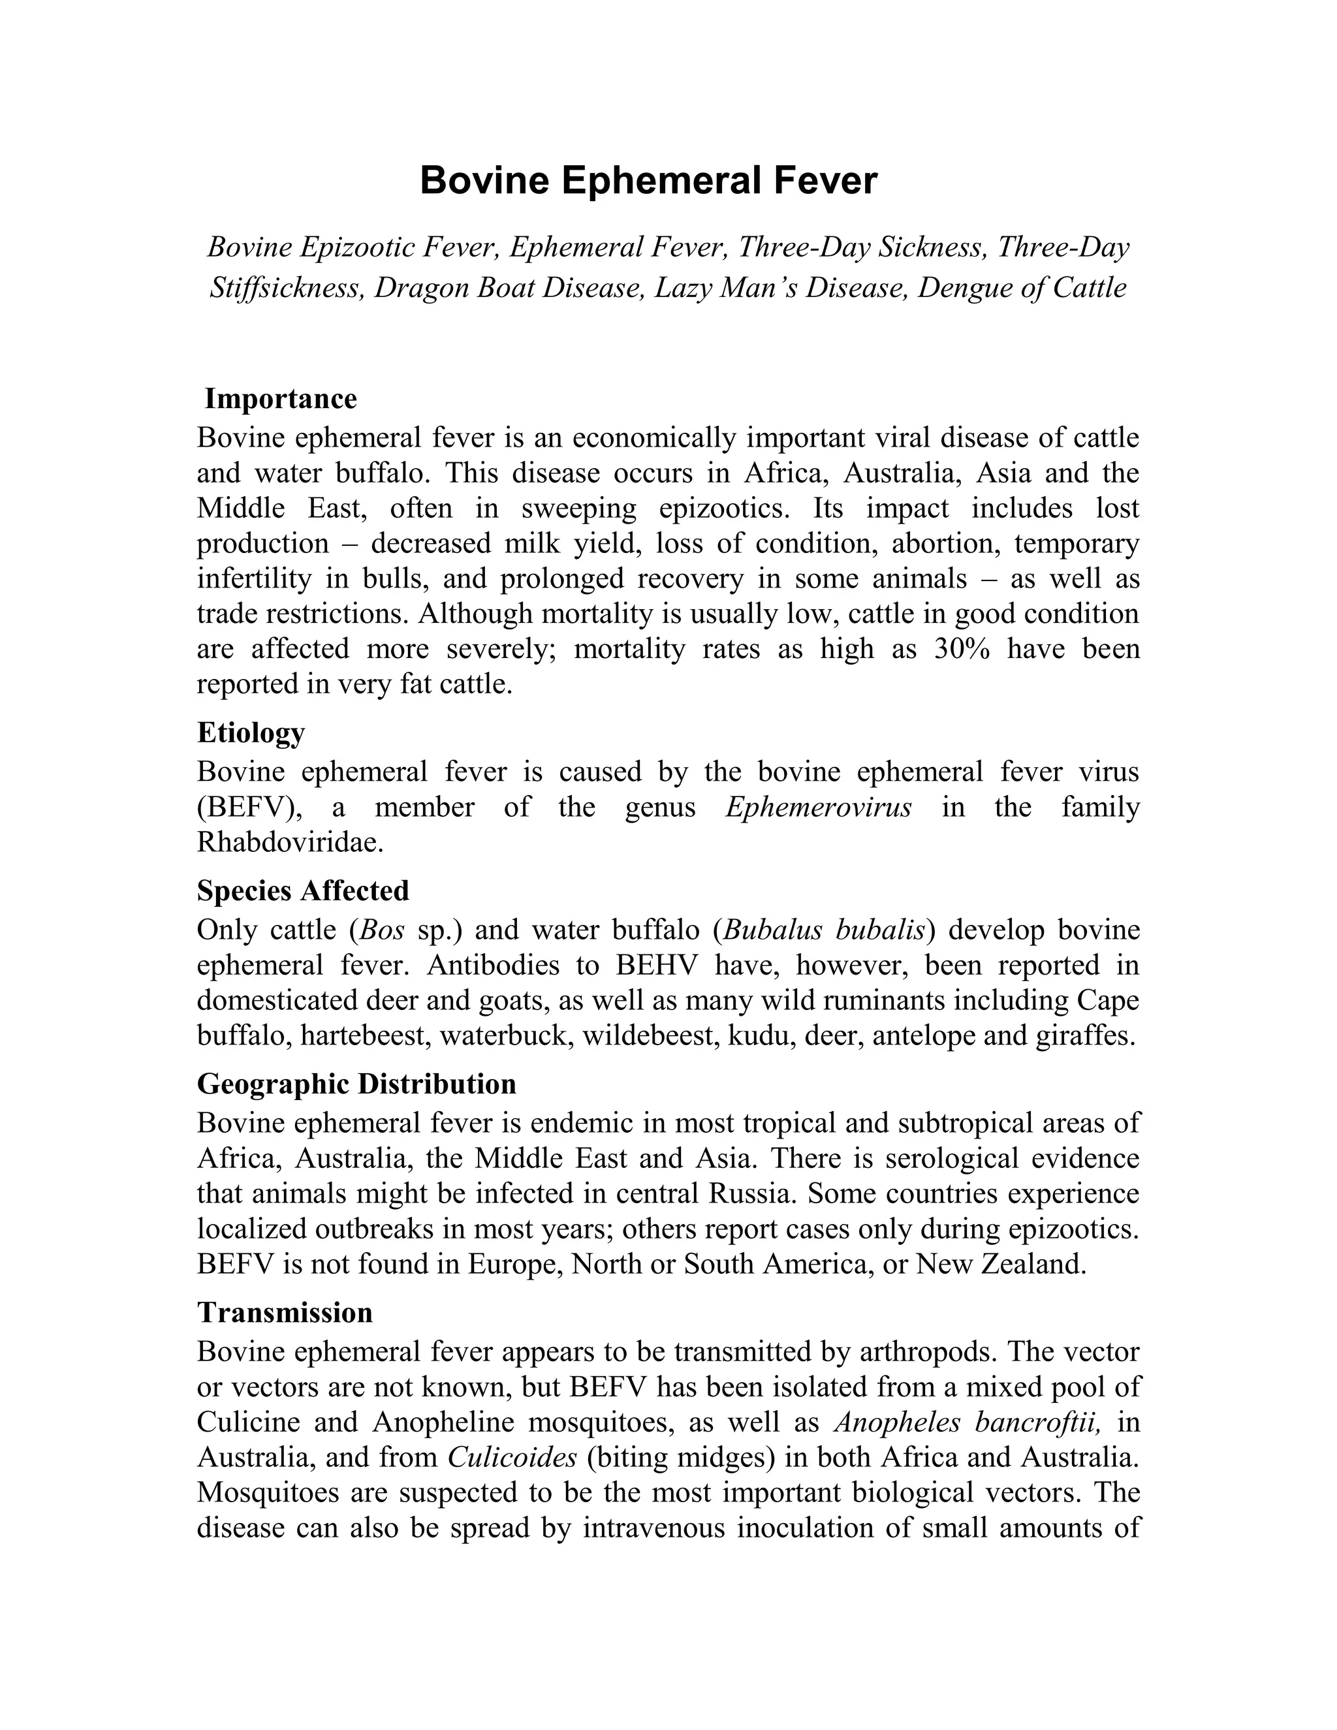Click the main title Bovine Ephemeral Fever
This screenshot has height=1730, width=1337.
[x=648, y=181]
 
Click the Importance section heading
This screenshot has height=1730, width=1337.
[x=280, y=398]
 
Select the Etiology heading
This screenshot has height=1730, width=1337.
[x=250, y=732]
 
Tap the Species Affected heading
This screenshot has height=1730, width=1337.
[x=302, y=890]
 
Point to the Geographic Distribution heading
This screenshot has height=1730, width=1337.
[x=356, y=1084]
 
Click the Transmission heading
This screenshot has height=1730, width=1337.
[x=285, y=1313]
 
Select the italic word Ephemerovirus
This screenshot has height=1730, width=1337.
[x=818, y=807]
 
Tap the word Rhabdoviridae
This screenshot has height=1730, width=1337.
[x=290, y=842]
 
